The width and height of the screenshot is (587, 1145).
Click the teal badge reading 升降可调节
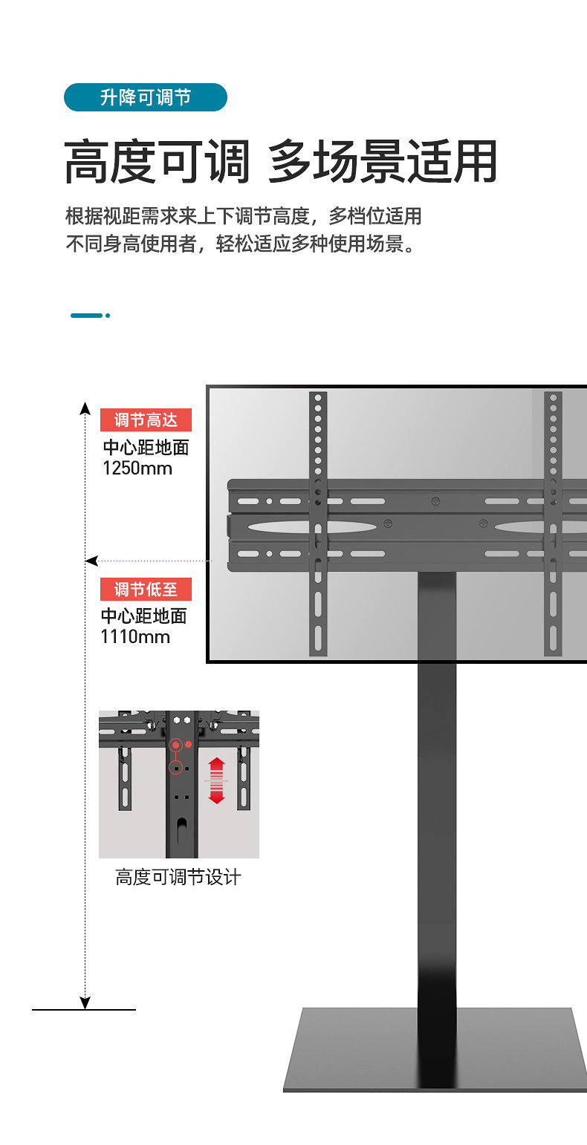145,97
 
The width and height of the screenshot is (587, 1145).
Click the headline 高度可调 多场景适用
280,161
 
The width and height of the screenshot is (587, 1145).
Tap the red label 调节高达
146,420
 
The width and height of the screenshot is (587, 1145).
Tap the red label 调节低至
146,590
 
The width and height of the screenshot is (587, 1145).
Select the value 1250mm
137,469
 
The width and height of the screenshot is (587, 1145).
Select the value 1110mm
135,636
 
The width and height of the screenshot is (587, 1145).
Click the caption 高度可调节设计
178,877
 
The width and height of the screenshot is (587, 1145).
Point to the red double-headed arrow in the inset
216,780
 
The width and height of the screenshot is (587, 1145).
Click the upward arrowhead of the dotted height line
85,406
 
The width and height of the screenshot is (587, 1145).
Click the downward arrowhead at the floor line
85,1002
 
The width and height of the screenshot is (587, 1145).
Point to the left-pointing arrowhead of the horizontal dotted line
91,561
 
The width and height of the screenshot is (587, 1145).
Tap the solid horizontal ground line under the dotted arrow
84,1010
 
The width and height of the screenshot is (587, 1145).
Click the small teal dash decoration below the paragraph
90,316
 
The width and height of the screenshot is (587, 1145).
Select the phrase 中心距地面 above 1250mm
146,448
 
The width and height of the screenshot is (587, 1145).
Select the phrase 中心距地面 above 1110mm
144,616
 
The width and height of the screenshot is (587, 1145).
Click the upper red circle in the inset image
175,744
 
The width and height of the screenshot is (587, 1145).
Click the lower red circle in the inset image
175,768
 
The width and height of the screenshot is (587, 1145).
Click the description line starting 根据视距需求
244,216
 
